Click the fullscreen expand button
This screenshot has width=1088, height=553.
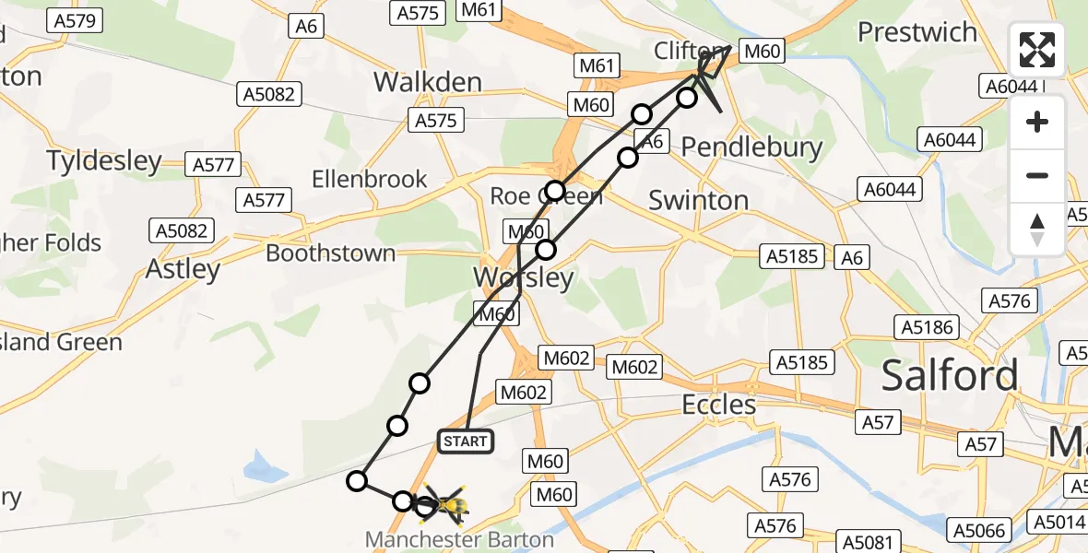[1037, 50]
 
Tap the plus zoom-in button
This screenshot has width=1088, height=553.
[1037, 123]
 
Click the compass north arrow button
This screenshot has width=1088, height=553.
[1037, 229]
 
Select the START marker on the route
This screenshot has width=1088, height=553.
[466, 441]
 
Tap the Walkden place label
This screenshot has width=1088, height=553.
[428, 82]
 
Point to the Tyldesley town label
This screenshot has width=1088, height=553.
[104, 161]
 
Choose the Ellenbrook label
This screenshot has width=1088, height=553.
[370, 179]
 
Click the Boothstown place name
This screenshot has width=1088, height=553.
[331, 253]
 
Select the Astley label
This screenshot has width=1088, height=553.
[183, 269]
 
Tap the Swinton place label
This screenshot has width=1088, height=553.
[699, 200]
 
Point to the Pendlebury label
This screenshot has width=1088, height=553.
[751, 147]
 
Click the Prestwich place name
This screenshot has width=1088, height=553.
[917, 32]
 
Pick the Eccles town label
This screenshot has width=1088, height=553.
[718, 405]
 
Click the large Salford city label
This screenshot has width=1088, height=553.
[950, 375]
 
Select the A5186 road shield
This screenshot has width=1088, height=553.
[927, 326]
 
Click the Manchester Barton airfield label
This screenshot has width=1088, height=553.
[459, 539]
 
